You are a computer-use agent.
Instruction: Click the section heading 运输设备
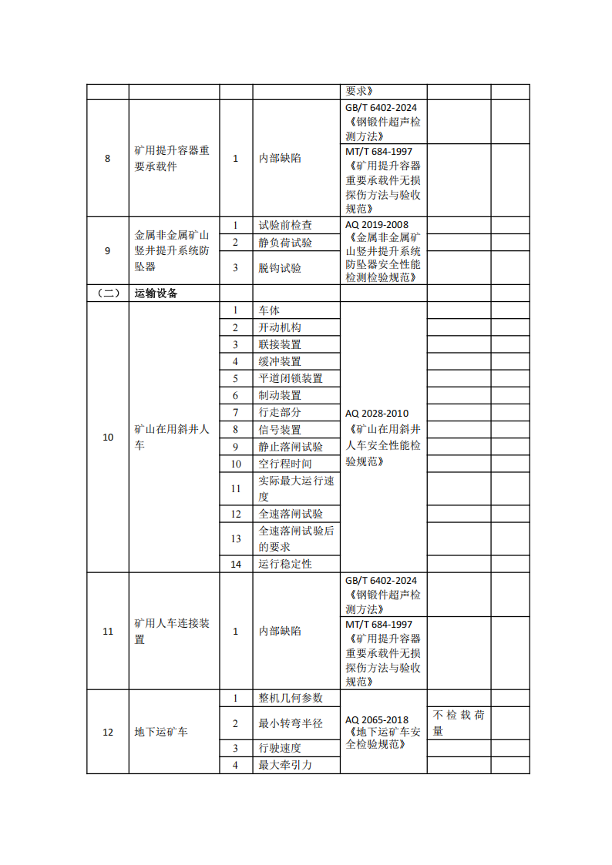point(156,293)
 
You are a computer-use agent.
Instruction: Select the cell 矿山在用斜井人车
point(172,437)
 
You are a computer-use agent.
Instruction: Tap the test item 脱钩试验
point(280,268)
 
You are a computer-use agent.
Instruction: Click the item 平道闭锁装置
point(291,378)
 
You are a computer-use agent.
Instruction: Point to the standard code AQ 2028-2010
point(377,413)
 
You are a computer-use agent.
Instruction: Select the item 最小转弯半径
point(291,723)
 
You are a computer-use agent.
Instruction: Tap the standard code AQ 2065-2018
point(377,719)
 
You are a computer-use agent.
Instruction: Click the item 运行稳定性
point(285,564)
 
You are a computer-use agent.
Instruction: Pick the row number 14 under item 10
point(236,564)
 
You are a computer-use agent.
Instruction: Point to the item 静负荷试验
point(285,243)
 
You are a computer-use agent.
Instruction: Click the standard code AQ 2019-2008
point(377,223)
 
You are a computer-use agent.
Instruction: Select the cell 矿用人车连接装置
point(172,631)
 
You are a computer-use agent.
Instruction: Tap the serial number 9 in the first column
point(107,250)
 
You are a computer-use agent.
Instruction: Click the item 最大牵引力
point(285,765)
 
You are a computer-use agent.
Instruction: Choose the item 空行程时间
point(285,464)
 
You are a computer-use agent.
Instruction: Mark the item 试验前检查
point(285,225)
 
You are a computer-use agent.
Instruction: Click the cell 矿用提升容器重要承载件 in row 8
point(172,159)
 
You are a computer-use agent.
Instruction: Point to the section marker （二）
point(107,293)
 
